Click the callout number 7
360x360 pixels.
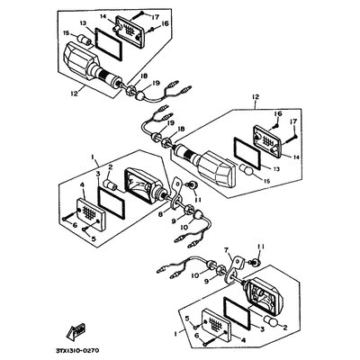coord(227,250)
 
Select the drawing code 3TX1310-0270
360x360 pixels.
coord(77,350)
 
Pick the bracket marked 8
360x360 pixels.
coord(177,195)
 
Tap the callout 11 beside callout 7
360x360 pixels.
coord(261,247)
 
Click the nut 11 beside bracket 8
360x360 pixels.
coord(193,185)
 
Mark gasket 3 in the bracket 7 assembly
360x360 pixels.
coord(237,312)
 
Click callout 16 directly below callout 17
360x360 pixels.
coord(166,23)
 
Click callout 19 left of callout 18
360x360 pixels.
coord(170,122)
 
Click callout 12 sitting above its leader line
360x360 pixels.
coord(256,97)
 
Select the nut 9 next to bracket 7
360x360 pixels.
coord(220,268)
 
